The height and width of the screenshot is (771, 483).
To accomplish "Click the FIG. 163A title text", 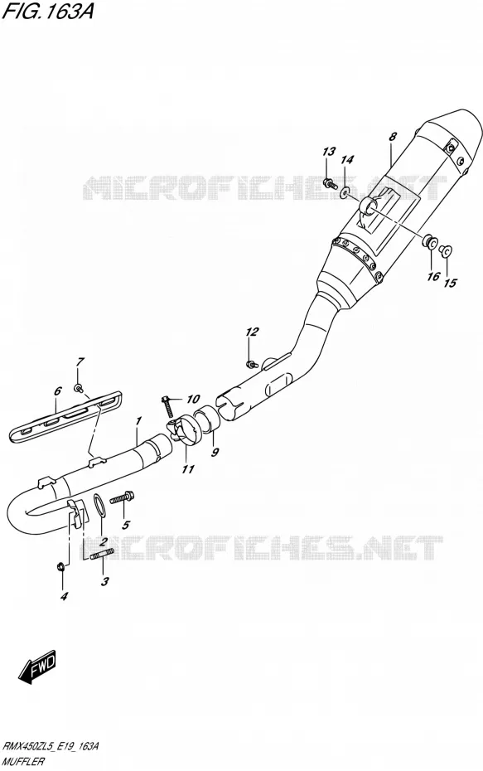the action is [x=48, y=12].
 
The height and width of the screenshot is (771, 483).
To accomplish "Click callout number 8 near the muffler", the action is [x=392, y=137].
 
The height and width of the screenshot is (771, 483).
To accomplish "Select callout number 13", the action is [x=329, y=152].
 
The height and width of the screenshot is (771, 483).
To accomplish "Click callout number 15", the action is [x=450, y=283].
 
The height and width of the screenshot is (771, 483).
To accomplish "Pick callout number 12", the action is [x=252, y=332].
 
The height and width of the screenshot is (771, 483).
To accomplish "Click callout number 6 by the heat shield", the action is [x=57, y=391].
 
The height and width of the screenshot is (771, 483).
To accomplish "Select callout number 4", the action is [x=64, y=596].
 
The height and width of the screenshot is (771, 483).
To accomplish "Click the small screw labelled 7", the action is [x=78, y=389].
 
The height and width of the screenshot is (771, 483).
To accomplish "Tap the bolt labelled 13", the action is [x=330, y=184].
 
